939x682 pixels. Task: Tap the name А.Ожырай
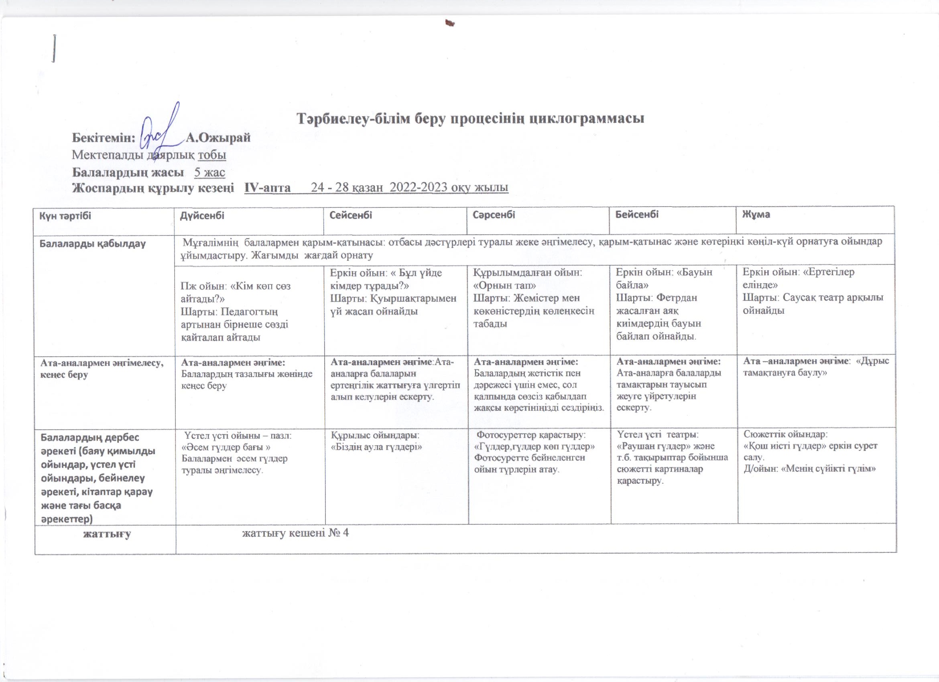(218, 137)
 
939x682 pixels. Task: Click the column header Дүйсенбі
(202, 215)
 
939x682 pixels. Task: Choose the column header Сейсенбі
(350, 215)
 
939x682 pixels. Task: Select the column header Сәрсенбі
(494, 215)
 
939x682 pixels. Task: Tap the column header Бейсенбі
(637, 215)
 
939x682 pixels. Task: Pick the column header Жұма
(756, 215)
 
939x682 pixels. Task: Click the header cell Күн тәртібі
(65, 215)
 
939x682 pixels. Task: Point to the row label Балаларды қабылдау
(92, 244)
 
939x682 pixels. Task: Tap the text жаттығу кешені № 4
(295, 534)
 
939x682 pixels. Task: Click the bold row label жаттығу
(107, 534)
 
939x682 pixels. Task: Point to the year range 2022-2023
(419, 188)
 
